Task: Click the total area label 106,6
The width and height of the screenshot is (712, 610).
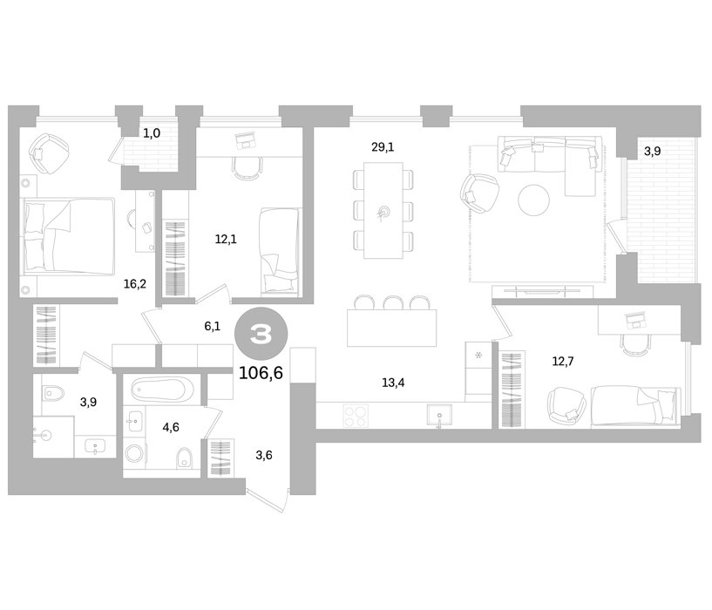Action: pyautogui.click(x=261, y=373)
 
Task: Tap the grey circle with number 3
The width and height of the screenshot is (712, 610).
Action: pyautogui.click(x=261, y=335)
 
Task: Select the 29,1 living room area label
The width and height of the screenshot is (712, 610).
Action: pyautogui.click(x=383, y=146)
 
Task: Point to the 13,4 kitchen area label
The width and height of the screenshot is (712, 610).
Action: pyautogui.click(x=393, y=383)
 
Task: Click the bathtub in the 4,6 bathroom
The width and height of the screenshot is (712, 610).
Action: pyautogui.click(x=158, y=390)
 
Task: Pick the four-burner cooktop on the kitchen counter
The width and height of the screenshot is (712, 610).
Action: pyautogui.click(x=356, y=416)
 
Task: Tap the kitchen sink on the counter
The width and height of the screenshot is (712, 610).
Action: pyautogui.click(x=439, y=416)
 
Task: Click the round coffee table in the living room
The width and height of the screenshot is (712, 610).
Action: pyautogui.click(x=534, y=200)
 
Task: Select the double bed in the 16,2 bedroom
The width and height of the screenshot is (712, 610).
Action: pyautogui.click(x=67, y=236)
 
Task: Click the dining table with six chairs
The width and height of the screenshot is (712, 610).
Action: pyautogui.click(x=383, y=210)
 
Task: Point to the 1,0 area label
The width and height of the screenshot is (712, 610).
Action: pyautogui.click(x=152, y=133)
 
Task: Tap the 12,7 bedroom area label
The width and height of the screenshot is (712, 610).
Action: pyautogui.click(x=563, y=362)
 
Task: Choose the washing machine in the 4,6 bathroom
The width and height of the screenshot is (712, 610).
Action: pyautogui.click(x=134, y=453)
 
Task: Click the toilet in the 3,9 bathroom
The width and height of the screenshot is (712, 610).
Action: pyautogui.click(x=53, y=393)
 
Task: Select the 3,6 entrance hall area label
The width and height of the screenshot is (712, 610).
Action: pyautogui.click(x=264, y=455)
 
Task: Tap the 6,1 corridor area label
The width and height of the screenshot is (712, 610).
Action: pyautogui.click(x=212, y=326)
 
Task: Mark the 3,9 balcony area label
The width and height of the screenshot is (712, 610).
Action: pyautogui.click(x=652, y=152)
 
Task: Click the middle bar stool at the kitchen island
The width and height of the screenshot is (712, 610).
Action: pyautogui.click(x=393, y=303)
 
